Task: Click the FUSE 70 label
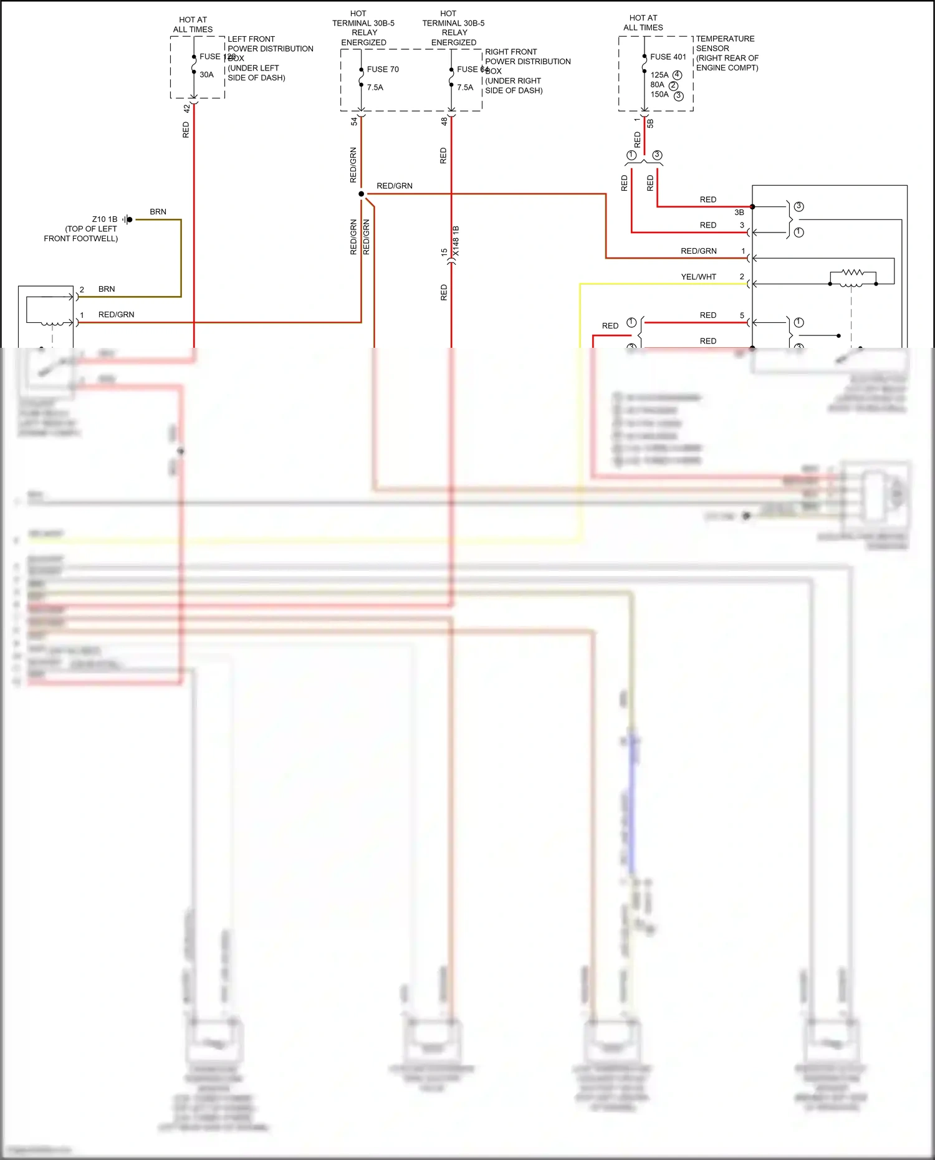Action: [383, 69]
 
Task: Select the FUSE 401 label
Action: [668, 57]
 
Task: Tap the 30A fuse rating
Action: [206, 75]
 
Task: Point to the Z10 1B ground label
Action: [104, 219]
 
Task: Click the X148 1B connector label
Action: [456, 241]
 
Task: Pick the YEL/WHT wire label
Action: [698, 277]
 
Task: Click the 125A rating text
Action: [659, 75]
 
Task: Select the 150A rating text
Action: [659, 95]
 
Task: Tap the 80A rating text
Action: [658, 85]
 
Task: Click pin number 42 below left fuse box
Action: [186, 108]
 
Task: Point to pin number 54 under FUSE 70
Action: [354, 122]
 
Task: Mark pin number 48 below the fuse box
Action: [444, 122]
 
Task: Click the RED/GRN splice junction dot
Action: [362, 194]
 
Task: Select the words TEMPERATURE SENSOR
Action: [725, 44]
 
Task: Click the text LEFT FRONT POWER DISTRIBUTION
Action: [270, 44]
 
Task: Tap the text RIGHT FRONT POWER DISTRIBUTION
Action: [527, 57]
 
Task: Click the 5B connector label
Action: [650, 123]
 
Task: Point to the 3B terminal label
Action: [739, 213]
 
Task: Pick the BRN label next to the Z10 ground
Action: [158, 212]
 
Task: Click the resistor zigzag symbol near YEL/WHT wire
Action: [853, 272]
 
